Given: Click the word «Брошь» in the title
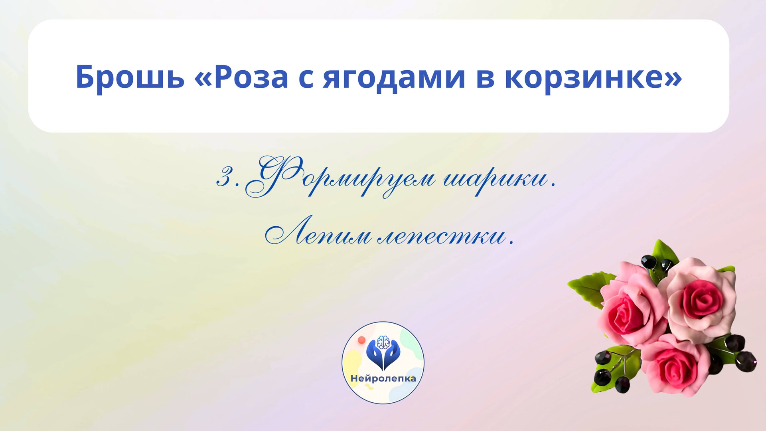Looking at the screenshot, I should point(130,77).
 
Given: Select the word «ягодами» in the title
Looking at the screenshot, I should point(394,77).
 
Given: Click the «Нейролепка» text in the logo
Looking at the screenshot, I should point(383,378).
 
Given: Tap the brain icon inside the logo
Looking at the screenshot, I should point(383,342).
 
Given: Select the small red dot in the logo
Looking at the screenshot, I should point(362,340).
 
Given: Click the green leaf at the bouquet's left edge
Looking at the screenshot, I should point(586,287).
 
